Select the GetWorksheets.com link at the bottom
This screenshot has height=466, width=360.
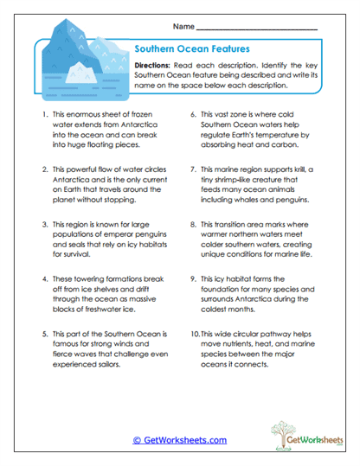tap(179, 440)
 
